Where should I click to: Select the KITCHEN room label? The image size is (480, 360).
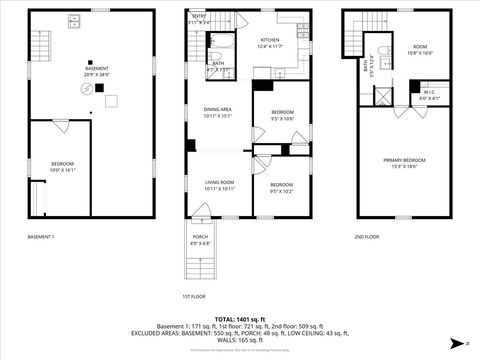click(x=271, y=43)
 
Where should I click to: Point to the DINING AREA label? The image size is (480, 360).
click(x=218, y=112)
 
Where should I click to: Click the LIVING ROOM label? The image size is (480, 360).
click(x=218, y=185)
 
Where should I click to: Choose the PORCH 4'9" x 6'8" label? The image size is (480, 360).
click(x=200, y=239)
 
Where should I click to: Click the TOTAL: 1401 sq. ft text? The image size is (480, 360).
click(x=240, y=319)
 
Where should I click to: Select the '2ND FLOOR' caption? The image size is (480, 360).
click(x=366, y=237)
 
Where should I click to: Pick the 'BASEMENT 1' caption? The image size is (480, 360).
click(x=41, y=237)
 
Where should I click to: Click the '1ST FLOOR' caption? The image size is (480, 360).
click(x=193, y=296)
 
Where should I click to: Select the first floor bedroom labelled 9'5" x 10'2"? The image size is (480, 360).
click(x=282, y=186)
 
